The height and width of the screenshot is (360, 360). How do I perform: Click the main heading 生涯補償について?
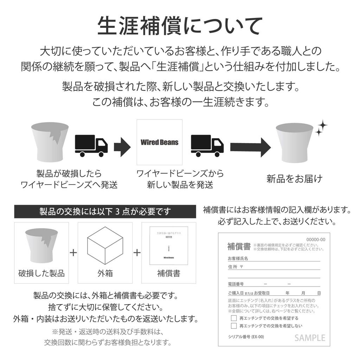[x=180, y=26]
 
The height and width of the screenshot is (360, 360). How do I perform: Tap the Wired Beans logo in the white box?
[x=159, y=142]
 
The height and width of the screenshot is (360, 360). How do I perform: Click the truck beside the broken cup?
[x=91, y=146]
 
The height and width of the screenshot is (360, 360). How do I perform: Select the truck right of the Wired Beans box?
[x=207, y=146]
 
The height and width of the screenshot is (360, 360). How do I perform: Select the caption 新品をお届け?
[x=294, y=178]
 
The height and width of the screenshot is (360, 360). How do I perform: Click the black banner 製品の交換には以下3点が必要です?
[x=105, y=212]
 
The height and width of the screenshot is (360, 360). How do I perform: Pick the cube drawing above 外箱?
[x=105, y=245]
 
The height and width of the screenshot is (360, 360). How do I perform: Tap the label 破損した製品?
[x=41, y=273]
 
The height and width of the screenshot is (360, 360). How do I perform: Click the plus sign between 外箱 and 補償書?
[x=137, y=252]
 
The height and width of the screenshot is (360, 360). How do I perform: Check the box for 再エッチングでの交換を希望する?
[x=234, y=318]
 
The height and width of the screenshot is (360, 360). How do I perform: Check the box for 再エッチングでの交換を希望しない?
[x=234, y=326]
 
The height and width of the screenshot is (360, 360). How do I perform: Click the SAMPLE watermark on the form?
[x=310, y=338]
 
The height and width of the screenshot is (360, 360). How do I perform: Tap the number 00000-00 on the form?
[x=316, y=239]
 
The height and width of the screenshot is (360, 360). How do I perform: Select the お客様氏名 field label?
[x=238, y=258]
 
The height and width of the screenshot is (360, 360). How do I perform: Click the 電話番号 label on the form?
[x=236, y=284]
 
